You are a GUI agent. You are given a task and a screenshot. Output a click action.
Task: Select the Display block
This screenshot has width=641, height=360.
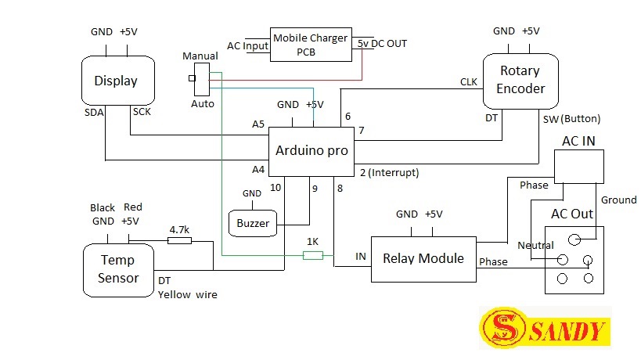[x=115, y=81]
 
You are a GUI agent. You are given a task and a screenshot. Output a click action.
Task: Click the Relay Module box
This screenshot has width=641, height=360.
[x=423, y=259]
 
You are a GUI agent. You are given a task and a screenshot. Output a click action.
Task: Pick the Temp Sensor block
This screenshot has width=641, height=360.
[x=118, y=269]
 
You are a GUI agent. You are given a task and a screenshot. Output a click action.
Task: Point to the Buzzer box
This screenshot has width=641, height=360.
[x=252, y=224]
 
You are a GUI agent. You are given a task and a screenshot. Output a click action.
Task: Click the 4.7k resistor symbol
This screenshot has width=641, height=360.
[x=179, y=241]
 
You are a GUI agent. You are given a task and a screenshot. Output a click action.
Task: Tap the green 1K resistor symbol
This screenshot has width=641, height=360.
[x=313, y=255]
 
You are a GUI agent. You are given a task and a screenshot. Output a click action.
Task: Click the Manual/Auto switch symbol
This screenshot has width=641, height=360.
[x=201, y=80]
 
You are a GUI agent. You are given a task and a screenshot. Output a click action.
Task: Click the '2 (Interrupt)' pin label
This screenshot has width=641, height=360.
[x=389, y=172]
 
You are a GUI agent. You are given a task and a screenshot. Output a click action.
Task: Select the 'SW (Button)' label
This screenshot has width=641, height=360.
[x=571, y=119]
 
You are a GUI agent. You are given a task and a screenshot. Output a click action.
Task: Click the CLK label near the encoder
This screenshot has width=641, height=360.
[x=469, y=81]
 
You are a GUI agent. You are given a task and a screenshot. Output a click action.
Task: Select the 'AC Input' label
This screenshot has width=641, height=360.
[x=247, y=45]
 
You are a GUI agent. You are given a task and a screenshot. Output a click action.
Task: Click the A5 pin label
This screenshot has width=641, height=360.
[x=258, y=124]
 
